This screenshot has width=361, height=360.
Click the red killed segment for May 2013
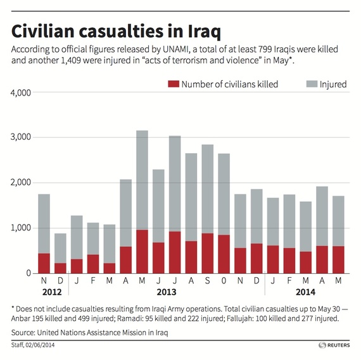[x=142, y=251]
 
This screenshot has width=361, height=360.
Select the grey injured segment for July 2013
[x=175, y=183]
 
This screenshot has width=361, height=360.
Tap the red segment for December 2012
[x=60, y=268]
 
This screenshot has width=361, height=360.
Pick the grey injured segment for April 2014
[x=322, y=216]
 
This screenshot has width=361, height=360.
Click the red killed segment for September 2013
[x=208, y=253]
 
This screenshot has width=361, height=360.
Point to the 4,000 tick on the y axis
[x=21, y=93]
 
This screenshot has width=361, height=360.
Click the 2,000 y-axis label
[x=21, y=182]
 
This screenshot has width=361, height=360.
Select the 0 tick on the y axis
[x=28, y=273]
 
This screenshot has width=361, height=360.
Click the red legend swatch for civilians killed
[x=174, y=84]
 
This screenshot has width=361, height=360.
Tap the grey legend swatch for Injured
[x=312, y=84]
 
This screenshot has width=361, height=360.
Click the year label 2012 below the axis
[x=52, y=292]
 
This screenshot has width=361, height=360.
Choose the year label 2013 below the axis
[x=167, y=292]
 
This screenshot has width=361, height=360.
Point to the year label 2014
[x=305, y=292]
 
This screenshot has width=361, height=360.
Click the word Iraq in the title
[x=204, y=31]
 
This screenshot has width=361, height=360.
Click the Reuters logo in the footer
[x=334, y=345]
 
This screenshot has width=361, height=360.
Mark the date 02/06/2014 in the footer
[x=40, y=345]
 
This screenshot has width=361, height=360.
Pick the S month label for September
[x=208, y=281]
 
